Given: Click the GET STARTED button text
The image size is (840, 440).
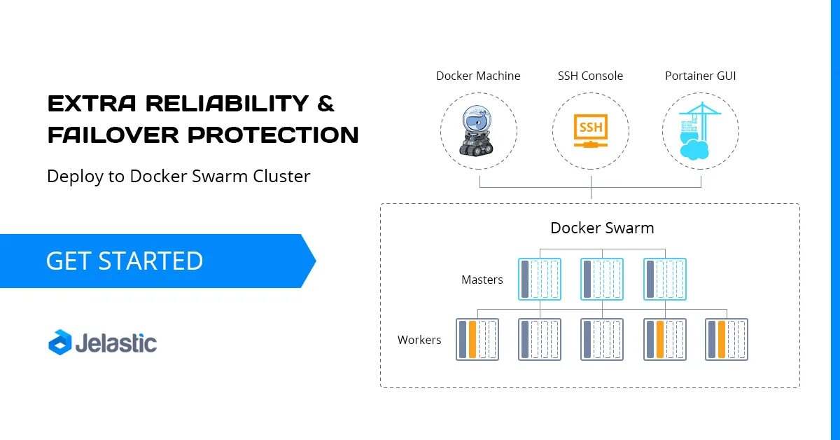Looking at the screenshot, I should coord(125,261).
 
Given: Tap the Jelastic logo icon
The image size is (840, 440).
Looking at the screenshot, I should coord(59,342).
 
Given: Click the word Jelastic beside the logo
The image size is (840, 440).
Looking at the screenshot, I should coord(115,343).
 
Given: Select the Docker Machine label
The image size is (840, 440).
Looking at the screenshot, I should coord(478,76).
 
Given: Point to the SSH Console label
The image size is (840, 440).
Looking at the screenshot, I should coord(590,76).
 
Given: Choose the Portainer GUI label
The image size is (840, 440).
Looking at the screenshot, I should coord(700,76).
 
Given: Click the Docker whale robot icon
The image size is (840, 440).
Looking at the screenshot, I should coord(478,130).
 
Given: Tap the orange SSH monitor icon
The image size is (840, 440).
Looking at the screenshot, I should coord(590,131).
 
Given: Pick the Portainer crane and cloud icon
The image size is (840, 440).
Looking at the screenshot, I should coord(700,131).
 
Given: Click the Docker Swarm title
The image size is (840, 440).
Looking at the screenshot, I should coord(602,228).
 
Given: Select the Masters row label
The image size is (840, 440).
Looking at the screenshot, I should coord(482,280).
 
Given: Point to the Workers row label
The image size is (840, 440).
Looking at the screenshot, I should coord(419,340).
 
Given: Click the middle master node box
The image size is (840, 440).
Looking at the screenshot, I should coord(602,280).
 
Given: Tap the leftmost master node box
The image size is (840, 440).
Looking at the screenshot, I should coord(540,280).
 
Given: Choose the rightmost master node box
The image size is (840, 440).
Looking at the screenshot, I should coord(664,280).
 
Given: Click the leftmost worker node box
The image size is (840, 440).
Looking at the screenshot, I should coord(477,340).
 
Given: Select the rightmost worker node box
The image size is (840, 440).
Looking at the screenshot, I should coord(727,340).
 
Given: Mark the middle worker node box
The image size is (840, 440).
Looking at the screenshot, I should coord(602,340).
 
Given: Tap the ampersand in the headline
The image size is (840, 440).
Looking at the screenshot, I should coord(325,104).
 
